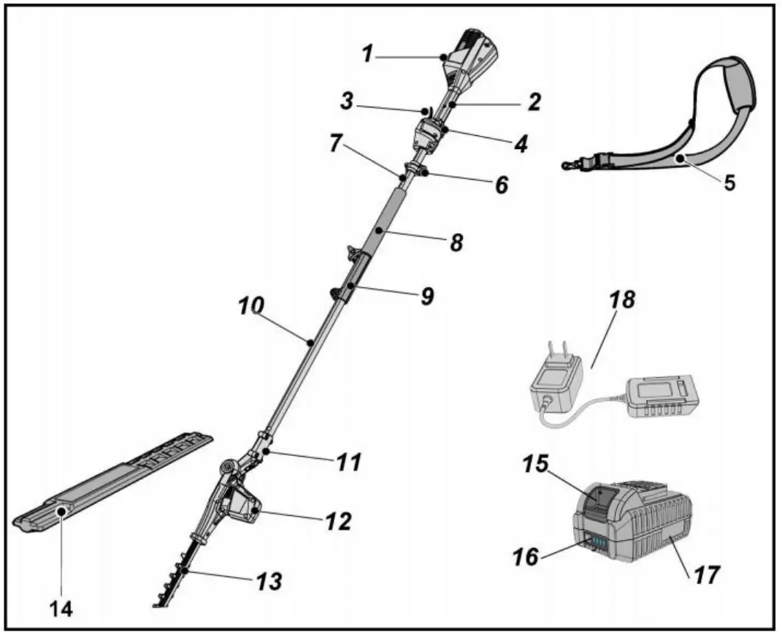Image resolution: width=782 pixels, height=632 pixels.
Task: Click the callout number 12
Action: click(338, 521)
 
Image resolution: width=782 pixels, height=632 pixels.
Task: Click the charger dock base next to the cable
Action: click(662, 397)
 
